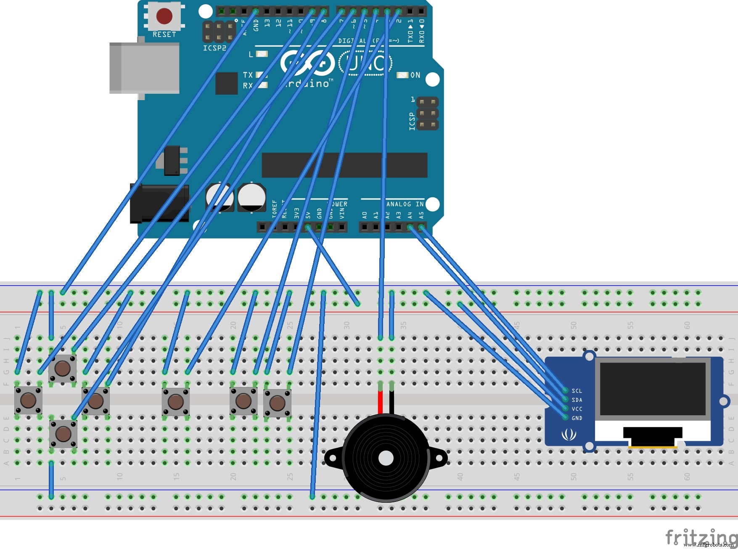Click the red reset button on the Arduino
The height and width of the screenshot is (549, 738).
164,16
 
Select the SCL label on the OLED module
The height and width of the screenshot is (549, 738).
577,391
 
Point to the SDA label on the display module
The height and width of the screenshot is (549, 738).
577,400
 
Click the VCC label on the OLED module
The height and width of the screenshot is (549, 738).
577,409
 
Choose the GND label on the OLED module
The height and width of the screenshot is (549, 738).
577,418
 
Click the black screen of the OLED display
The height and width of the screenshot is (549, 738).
652,389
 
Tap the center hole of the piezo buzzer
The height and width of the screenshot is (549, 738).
386,459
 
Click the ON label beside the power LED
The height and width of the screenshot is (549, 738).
415,75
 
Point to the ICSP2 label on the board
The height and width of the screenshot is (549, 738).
214,48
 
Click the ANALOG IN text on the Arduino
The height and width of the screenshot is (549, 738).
405,204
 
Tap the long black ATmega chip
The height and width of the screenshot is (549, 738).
344,165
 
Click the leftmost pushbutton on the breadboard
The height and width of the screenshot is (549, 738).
28,400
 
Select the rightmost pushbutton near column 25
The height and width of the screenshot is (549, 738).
277,403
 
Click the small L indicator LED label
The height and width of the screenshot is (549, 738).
251,54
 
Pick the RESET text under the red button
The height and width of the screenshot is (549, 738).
164,34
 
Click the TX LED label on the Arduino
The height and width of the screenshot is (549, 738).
248,75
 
